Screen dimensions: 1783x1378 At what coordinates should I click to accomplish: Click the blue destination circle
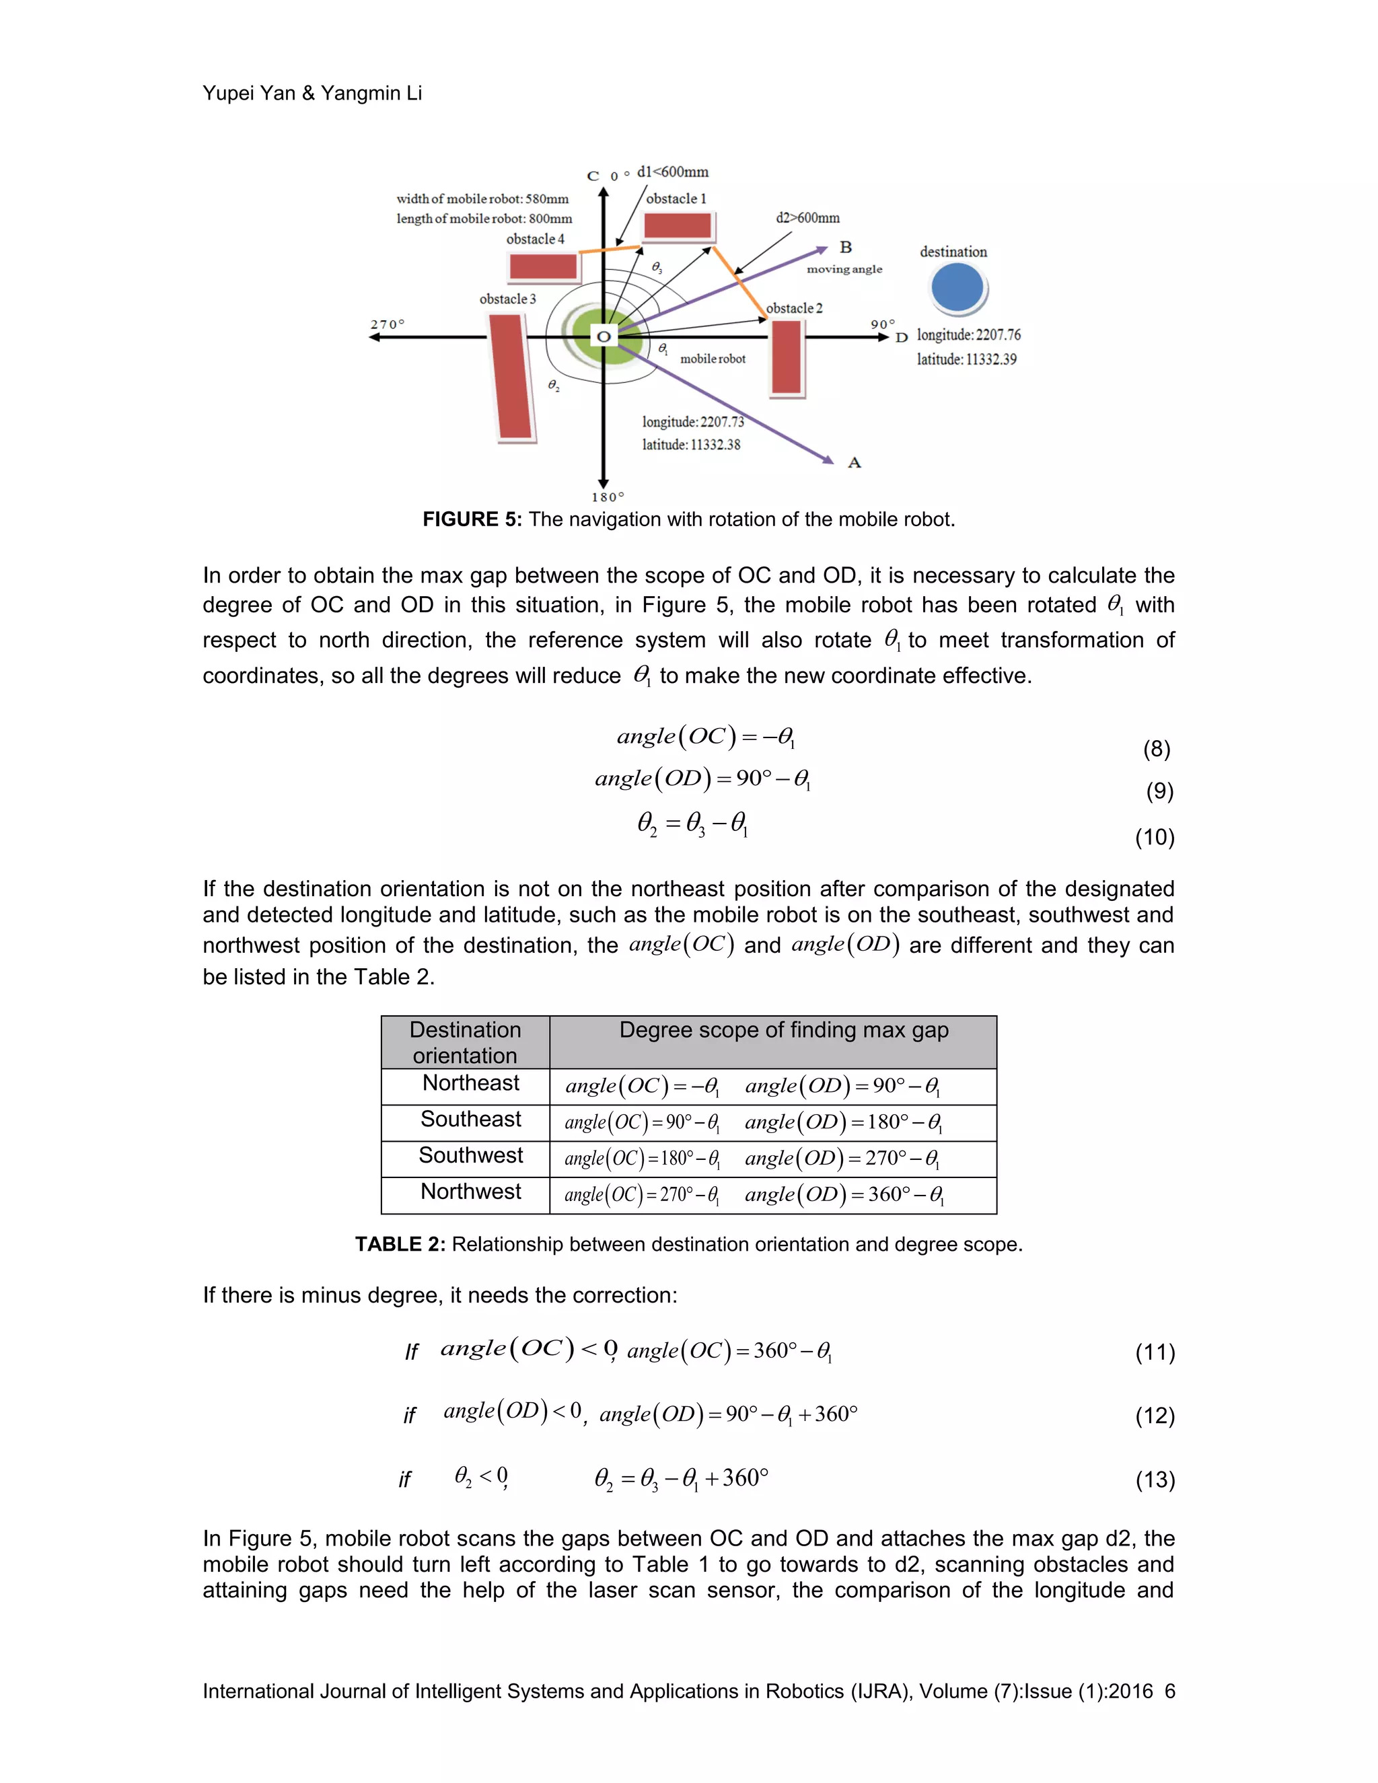coord(957,288)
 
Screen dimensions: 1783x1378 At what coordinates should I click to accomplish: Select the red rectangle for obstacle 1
coord(677,225)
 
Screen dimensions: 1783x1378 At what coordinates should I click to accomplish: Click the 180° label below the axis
coord(608,497)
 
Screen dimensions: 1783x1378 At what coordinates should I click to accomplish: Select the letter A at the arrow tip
coord(854,463)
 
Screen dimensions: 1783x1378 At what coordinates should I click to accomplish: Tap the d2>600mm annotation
coord(807,218)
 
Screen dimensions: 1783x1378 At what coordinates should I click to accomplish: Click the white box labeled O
coord(604,336)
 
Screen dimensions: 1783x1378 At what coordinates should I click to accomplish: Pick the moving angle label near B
coord(844,269)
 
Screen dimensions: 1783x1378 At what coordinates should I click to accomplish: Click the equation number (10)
coord(1155,837)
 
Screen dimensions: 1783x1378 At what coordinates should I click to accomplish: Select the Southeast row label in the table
coord(470,1120)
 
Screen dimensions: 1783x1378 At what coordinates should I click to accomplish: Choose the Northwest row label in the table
coord(470,1192)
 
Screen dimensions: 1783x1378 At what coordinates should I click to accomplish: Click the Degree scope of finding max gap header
coord(783,1030)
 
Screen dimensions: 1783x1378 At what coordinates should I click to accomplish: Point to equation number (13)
coord(1155,1480)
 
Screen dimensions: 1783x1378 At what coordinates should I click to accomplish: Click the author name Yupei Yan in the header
coord(248,93)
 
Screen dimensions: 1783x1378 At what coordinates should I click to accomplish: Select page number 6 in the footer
coord(1169,1691)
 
